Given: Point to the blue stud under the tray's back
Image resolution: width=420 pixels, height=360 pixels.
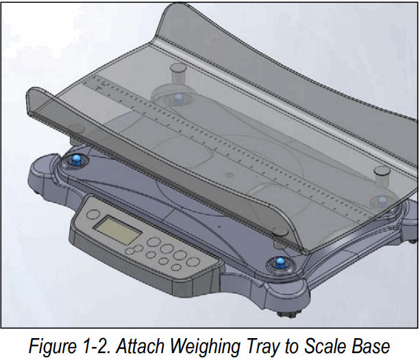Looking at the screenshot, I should pyautogui.click(x=180, y=98).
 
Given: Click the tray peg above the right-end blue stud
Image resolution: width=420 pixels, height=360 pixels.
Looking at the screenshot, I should pyautogui.click(x=380, y=174).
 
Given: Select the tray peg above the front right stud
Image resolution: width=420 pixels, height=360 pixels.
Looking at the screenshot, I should pyautogui.click(x=280, y=233).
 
